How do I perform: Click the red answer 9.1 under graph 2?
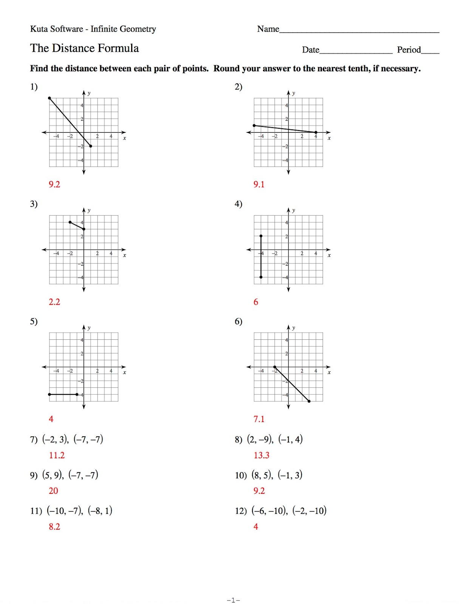tap(259, 184)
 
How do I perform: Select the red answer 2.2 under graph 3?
tap(54, 302)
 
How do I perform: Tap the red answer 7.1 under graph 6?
tap(259, 419)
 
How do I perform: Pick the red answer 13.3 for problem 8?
tap(261, 455)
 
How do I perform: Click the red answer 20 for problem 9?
tap(53, 491)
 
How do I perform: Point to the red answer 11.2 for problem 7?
tap(57, 455)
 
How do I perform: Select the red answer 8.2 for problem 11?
tap(54, 527)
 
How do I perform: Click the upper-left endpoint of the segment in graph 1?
tap(49, 98)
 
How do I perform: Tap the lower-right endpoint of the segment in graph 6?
tap(309, 401)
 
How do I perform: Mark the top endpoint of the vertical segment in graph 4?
tap(261, 236)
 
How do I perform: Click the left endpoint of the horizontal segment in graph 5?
tap(49, 394)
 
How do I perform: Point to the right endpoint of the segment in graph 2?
tap(316, 133)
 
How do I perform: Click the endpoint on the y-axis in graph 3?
tap(84, 229)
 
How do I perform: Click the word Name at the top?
tap(268, 29)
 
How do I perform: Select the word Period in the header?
tap(408, 50)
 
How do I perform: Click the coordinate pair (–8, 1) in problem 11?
tap(100, 511)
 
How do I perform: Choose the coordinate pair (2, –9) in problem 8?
tap(260, 439)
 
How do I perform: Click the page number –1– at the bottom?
tap(233, 600)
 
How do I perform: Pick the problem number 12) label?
tap(240, 511)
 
